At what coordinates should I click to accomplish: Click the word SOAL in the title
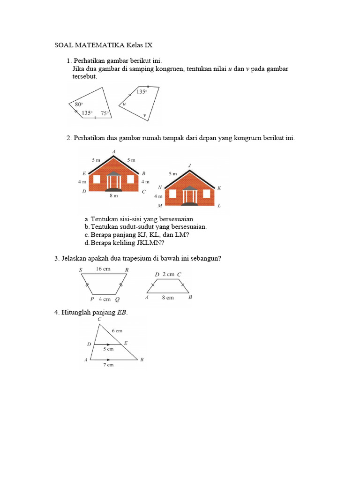pos(64,45)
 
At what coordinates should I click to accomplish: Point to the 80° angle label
pos(78,104)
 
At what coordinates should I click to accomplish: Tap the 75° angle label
pos(104,113)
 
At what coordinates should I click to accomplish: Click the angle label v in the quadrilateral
pos(144,115)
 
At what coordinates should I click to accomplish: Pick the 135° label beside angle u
pos(142,92)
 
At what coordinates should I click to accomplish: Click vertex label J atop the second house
pos(189,165)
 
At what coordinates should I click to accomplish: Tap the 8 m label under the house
pos(113,196)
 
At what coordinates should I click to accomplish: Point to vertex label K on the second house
pos(219,188)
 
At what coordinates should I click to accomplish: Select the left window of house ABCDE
pos(98,180)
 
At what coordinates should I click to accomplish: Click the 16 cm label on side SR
pos(103,269)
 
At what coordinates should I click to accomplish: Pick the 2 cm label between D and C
pos(168,274)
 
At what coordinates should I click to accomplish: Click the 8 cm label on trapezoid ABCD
pos(167,297)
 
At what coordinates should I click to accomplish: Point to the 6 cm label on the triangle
pos(117,330)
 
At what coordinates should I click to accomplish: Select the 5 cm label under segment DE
pos(108,349)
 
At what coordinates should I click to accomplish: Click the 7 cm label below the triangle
pos(108,365)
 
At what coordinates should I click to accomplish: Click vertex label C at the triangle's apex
pos(99,319)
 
